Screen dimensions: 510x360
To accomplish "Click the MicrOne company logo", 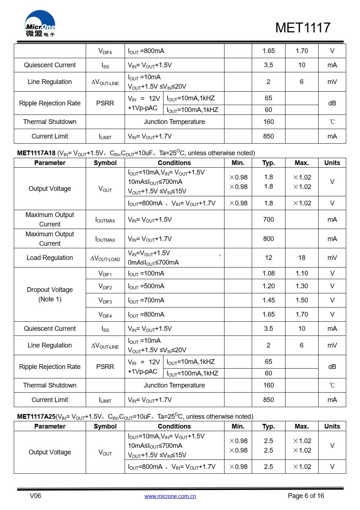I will (x=40, y=24).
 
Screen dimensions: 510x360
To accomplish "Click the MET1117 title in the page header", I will (x=303, y=28).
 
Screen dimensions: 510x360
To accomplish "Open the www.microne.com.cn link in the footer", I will (x=170, y=496).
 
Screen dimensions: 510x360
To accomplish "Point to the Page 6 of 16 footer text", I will (x=306, y=496).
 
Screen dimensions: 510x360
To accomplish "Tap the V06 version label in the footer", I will (x=35, y=496).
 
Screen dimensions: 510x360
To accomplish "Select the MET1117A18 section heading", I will (x=36, y=153).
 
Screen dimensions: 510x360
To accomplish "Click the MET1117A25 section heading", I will (x=36, y=417).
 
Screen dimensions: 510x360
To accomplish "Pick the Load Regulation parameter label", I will (x=50, y=258).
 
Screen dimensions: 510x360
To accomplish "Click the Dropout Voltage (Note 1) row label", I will (x=50, y=294).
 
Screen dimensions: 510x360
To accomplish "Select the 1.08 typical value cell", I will (x=268, y=273).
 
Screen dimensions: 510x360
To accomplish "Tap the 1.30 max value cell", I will (x=302, y=286).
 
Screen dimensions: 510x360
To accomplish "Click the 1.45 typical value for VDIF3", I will (x=268, y=300).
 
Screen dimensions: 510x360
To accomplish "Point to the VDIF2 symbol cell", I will (x=105, y=286).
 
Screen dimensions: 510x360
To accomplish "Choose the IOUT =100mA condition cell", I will (x=146, y=273).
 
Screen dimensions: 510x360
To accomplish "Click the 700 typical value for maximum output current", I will (x=268, y=220).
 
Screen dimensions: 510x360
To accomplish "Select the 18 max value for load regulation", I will (x=302, y=258).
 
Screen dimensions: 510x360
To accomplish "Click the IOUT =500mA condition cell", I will (x=146, y=286).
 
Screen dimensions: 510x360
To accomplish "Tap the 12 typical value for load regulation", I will (x=268, y=258).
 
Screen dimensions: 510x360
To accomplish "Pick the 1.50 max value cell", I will (x=302, y=300).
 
